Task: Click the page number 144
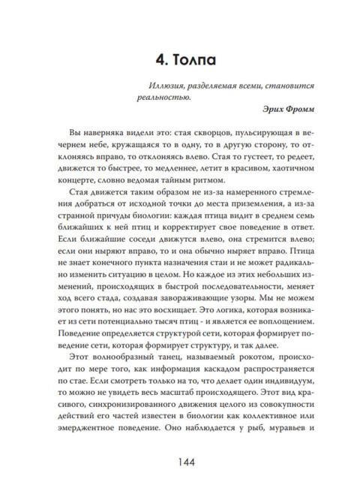pos(180,461)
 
